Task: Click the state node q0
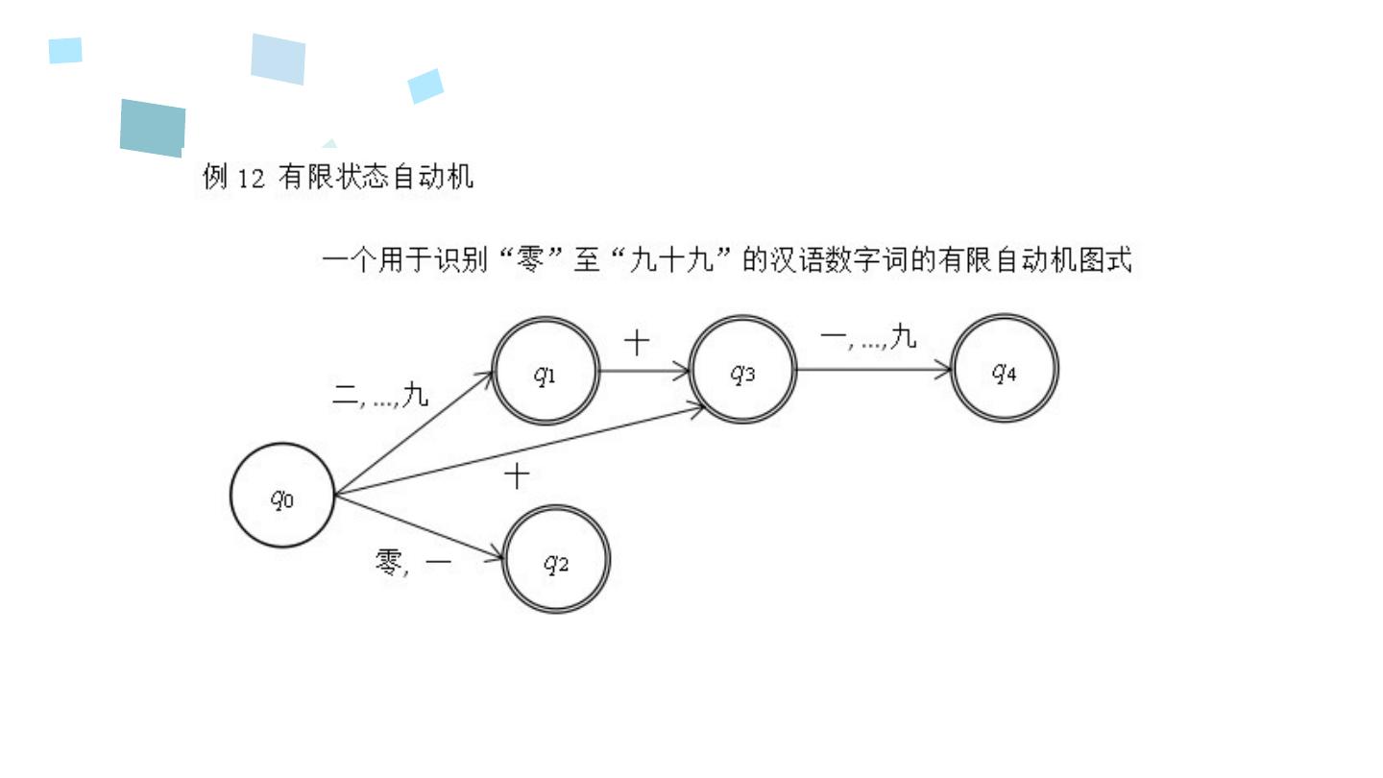pyautogui.click(x=282, y=496)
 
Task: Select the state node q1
pyautogui.click(x=546, y=371)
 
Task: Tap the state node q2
pyautogui.click(x=556, y=560)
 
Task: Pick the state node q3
pyautogui.click(x=742, y=371)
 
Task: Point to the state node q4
pyautogui.click(x=1004, y=369)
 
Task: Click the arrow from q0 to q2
pyautogui.click(x=419, y=527)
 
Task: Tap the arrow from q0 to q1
pyautogui.click(x=413, y=433)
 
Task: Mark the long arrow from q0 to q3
pyautogui.click(x=519, y=451)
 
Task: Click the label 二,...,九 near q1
pyautogui.click(x=380, y=396)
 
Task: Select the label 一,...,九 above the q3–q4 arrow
pyautogui.click(x=868, y=337)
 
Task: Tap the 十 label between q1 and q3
pyautogui.click(x=637, y=343)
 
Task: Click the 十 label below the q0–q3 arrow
pyautogui.click(x=517, y=476)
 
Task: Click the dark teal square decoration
pyautogui.click(x=153, y=128)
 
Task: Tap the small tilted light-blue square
pyautogui.click(x=425, y=85)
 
